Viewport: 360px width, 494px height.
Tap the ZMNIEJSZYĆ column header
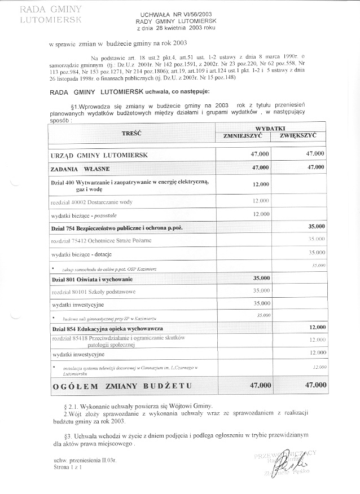(243, 136)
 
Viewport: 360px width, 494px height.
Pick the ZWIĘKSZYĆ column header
(300, 136)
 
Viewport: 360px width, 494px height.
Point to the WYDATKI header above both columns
(271, 129)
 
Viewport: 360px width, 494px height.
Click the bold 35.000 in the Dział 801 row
(260, 278)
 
